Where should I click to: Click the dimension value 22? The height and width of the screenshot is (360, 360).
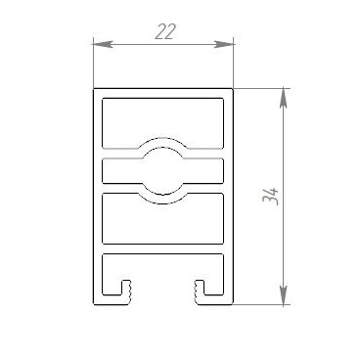[x=165, y=31]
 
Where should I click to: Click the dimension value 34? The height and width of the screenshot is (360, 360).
[x=271, y=196]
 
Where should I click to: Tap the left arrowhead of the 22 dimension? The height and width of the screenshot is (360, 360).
[x=103, y=44]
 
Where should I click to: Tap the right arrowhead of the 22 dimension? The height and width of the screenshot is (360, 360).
[x=224, y=44]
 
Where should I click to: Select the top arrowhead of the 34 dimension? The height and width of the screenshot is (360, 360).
[x=284, y=98]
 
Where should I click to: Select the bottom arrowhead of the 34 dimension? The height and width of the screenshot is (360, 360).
[x=284, y=295]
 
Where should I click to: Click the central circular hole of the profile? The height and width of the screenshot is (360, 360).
[x=163, y=171]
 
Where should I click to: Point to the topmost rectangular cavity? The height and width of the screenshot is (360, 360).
[x=163, y=123]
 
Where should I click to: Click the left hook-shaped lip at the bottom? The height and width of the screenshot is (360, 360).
[x=125, y=292]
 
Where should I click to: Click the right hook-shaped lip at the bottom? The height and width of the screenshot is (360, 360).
[x=201, y=292]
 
